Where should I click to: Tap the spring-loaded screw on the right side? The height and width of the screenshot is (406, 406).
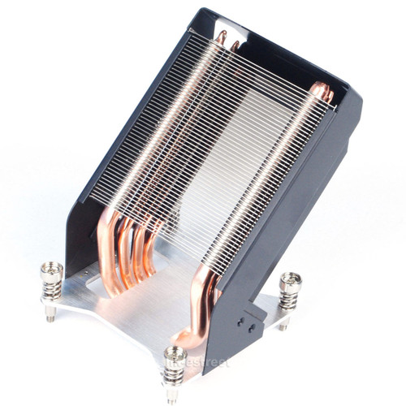(290, 292)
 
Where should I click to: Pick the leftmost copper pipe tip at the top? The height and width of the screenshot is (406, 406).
(221, 37)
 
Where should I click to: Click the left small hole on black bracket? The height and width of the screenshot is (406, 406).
(241, 320)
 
